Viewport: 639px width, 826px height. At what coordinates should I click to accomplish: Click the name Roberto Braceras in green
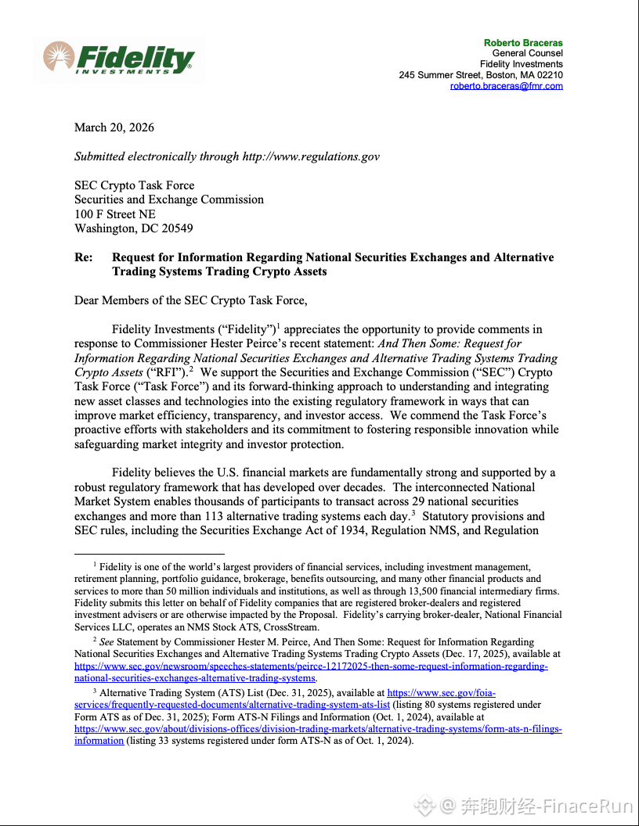[523, 42]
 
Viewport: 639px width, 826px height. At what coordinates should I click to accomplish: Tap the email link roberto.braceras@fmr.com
[506, 86]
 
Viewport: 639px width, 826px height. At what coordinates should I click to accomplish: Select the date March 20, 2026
[114, 127]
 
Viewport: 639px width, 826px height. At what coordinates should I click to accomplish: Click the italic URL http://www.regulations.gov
[311, 156]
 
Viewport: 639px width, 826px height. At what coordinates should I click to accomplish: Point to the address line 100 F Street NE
[115, 214]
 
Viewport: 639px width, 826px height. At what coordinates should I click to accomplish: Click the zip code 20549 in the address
[177, 228]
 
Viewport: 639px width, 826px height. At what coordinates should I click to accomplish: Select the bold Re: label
[83, 257]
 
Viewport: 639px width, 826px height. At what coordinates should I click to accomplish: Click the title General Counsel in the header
[527, 53]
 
